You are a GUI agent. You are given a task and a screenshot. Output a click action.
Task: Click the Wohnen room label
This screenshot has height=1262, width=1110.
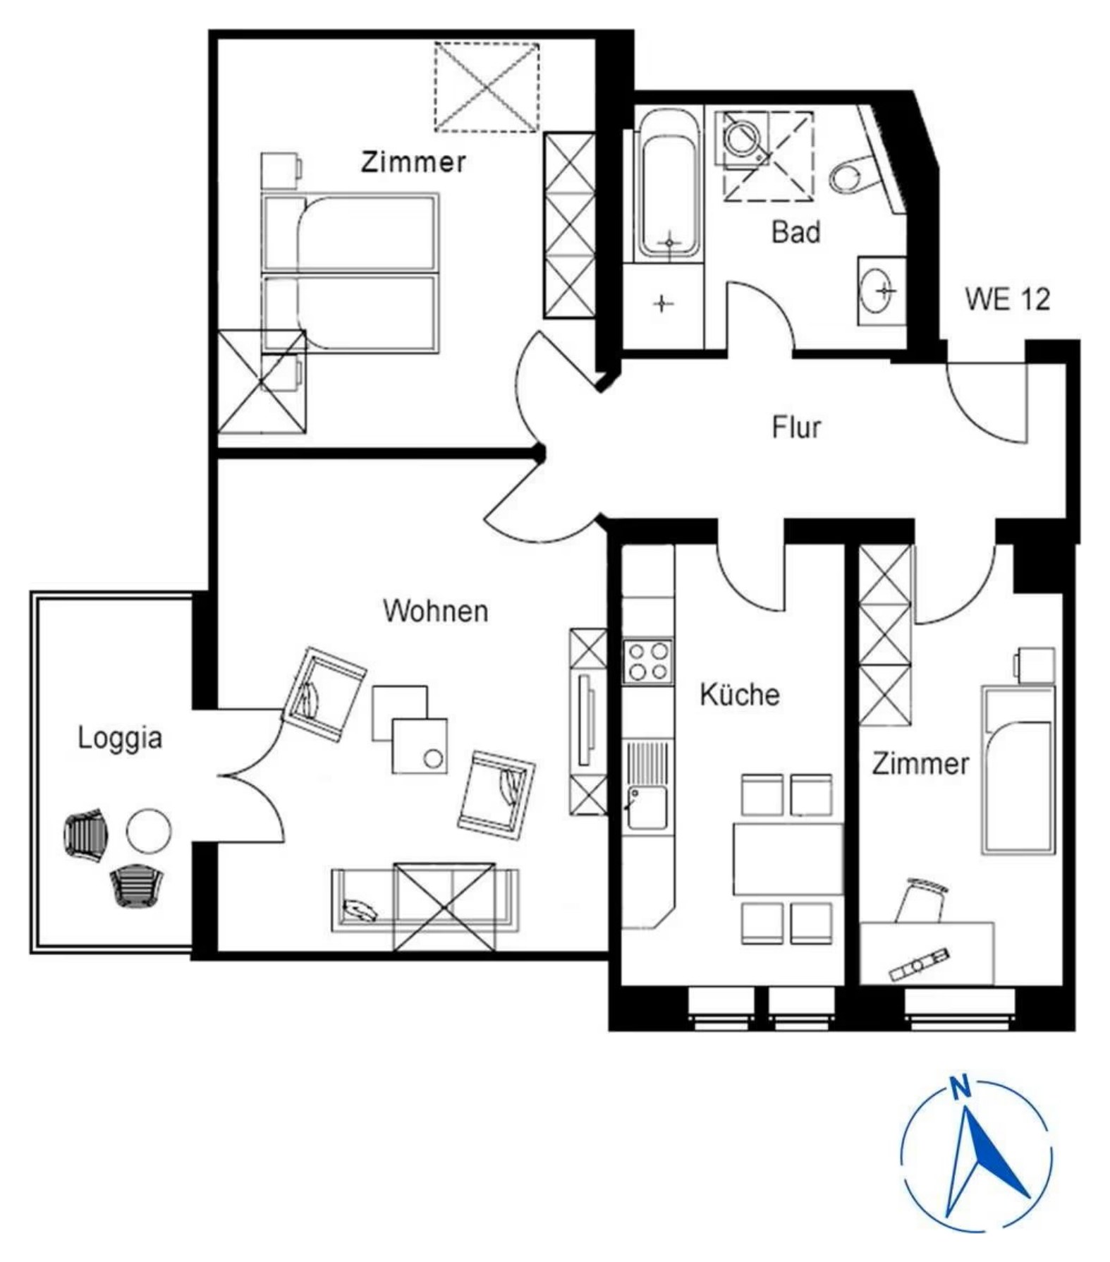(x=435, y=611)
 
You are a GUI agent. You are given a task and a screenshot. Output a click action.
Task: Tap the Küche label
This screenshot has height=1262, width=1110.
(x=740, y=695)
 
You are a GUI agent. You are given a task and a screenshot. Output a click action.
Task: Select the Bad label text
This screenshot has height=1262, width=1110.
(x=796, y=232)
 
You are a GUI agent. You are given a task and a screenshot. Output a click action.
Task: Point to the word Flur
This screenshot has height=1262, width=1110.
(x=797, y=427)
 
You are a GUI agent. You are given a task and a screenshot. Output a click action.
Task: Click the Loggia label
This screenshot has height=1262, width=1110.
(x=120, y=739)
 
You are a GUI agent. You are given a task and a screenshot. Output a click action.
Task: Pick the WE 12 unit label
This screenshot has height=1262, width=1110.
(x=1008, y=299)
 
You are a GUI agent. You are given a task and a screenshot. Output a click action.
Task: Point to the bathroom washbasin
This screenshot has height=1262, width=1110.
(x=881, y=290)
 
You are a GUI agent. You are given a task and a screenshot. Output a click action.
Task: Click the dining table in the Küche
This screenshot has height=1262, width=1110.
(x=788, y=858)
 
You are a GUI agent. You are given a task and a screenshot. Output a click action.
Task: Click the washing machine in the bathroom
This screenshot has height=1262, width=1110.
(x=740, y=138)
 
